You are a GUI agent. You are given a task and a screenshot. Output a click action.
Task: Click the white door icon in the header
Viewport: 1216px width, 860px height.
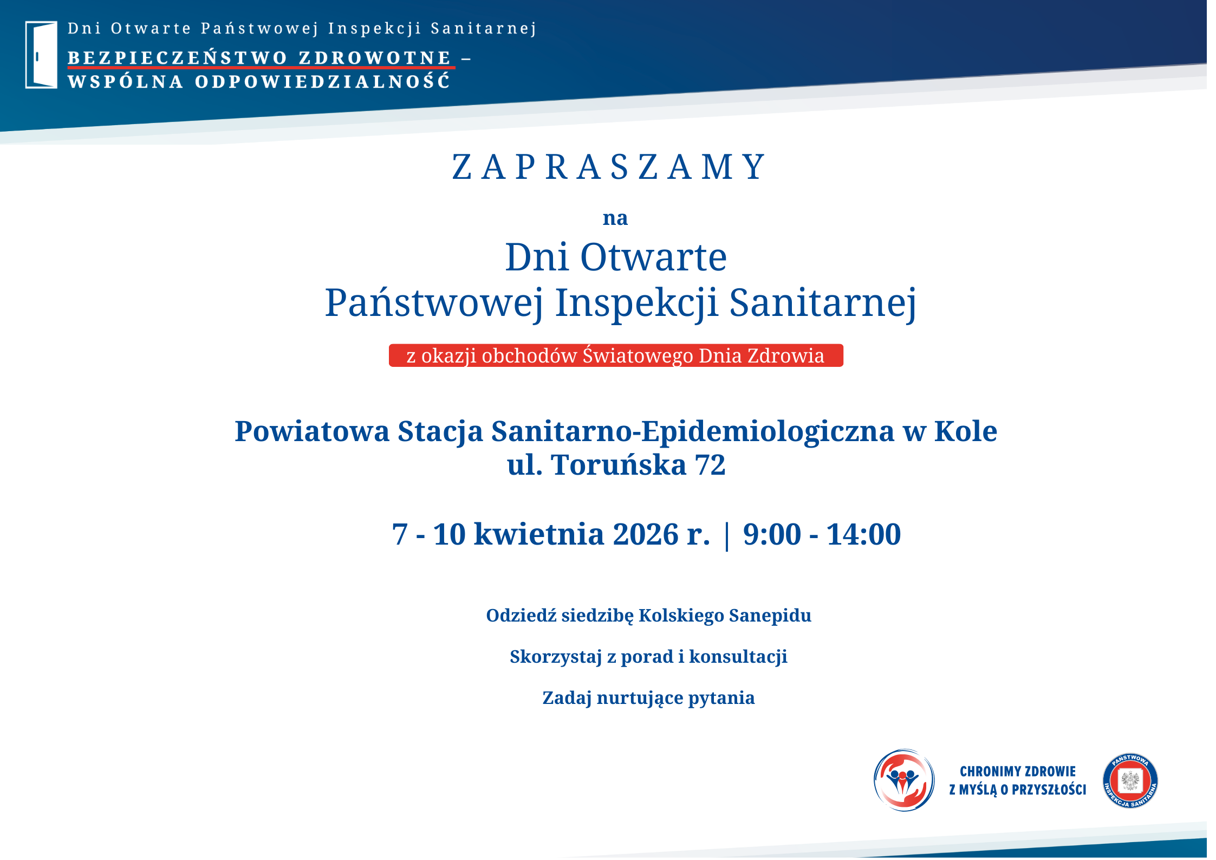coord(41,55)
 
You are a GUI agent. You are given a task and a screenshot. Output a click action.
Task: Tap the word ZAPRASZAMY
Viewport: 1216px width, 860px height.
coord(609,167)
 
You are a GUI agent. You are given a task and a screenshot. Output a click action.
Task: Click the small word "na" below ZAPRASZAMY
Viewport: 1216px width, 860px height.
coord(615,218)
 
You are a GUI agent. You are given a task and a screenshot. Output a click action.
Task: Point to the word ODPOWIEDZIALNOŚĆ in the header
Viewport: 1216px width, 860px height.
coord(323,81)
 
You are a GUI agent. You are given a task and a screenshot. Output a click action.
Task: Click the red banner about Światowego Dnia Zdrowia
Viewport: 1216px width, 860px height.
coord(616,355)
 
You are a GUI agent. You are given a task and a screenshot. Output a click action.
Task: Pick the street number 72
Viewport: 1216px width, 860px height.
coord(710,465)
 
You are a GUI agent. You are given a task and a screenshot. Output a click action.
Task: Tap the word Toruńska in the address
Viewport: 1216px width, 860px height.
coord(619,465)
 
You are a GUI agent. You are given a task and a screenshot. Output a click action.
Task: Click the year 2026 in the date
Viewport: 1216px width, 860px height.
coord(646,534)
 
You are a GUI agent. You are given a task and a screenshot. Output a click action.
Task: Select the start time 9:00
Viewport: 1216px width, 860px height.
coord(772,534)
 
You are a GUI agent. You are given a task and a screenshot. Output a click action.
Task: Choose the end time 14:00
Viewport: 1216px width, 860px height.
coord(864,534)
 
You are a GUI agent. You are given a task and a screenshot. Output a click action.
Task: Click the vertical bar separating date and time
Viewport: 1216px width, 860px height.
coord(727,535)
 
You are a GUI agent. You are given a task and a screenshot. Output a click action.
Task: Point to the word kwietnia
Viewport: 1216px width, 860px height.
coord(539,535)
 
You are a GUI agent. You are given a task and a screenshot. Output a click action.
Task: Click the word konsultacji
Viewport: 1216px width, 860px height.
coord(738,657)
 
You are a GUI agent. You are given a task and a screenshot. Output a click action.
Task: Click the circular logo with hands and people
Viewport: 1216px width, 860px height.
coord(904,780)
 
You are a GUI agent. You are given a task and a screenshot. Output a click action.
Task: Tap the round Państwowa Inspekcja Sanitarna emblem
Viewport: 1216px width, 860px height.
coord(1130,780)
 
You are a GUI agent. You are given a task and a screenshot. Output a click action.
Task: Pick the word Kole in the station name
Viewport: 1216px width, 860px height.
coord(966,432)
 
